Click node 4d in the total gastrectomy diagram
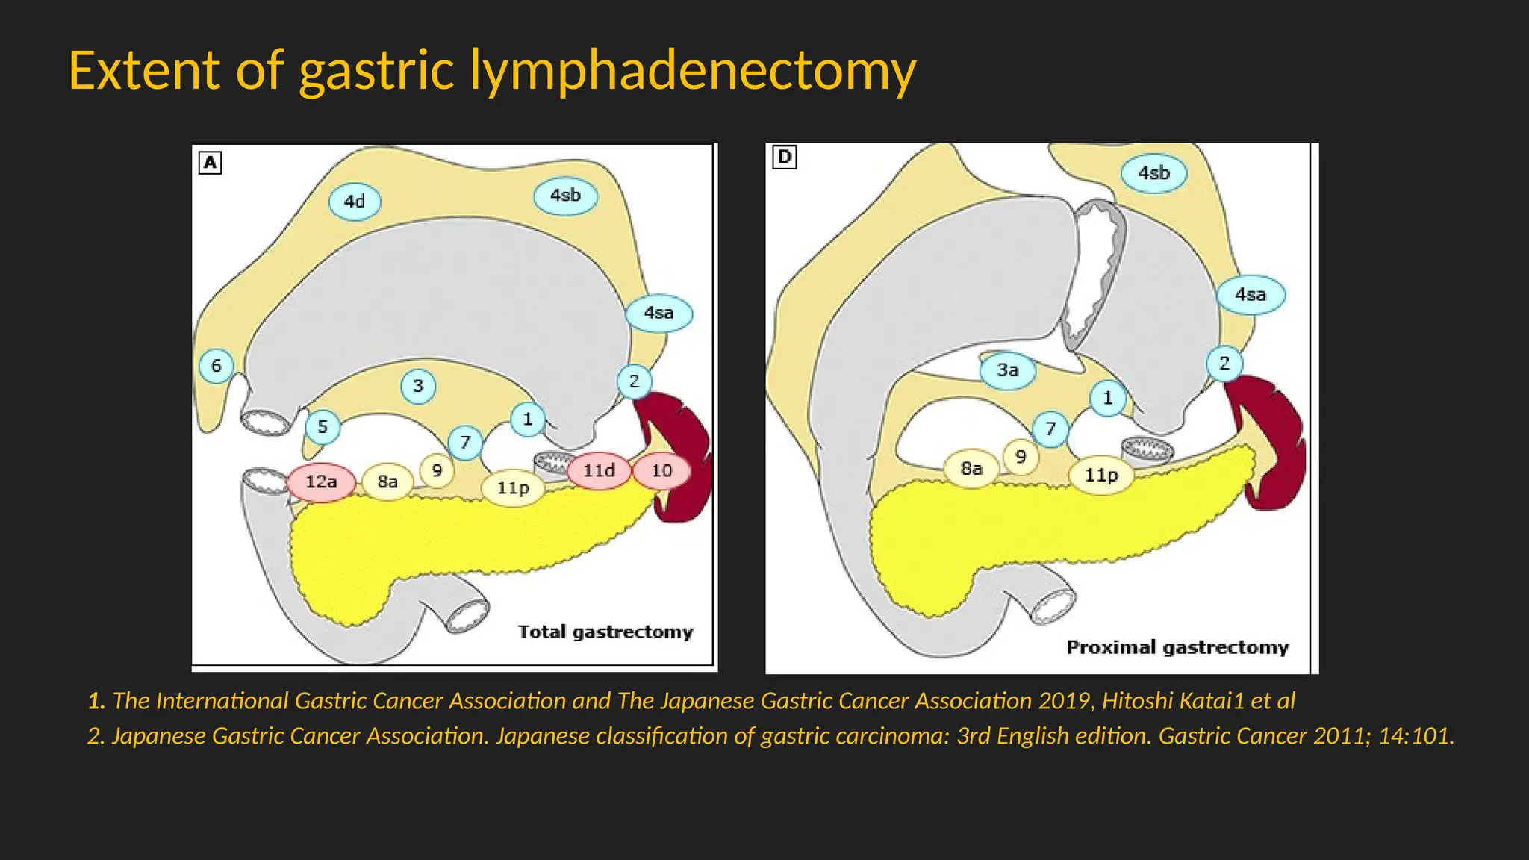[x=355, y=202]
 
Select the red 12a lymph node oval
[x=321, y=482]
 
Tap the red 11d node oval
[x=599, y=470]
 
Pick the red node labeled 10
[x=661, y=470]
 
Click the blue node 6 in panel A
[x=217, y=366]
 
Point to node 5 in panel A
[x=323, y=427]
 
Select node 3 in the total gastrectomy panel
[x=418, y=386]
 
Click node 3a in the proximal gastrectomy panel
[x=1007, y=370]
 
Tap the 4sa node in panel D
[x=1251, y=295]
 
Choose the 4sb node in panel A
[x=565, y=196]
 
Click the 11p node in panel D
[x=1100, y=475]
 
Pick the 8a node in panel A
[x=387, y=482]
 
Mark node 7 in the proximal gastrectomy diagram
[x=1050, y=429]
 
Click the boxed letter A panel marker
[x=211, y=163]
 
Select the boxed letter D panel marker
[x=785, y=157]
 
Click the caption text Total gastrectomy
[x=605, y=632]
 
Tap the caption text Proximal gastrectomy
[x=1177, y=647]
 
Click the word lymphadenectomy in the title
[x=692, y=71]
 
